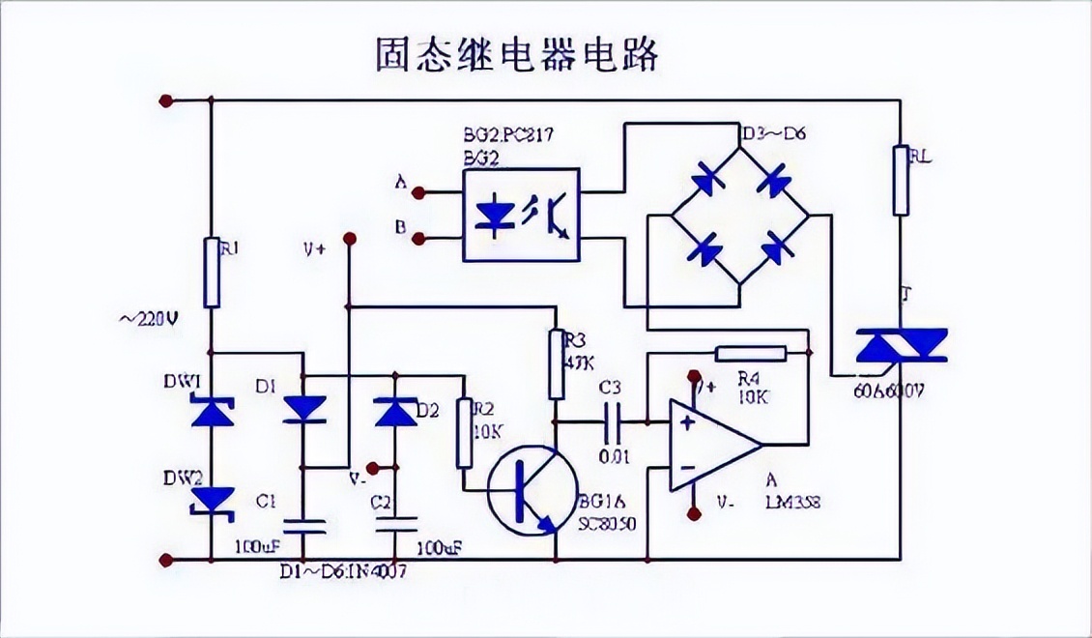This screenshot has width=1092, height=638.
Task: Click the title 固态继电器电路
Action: [x=517, y=55]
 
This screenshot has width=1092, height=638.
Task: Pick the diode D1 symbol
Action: [x=303, y=410]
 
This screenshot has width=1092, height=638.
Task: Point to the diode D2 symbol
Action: [x=394, y=412]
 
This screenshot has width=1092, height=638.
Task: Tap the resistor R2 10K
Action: [x=464, y=433]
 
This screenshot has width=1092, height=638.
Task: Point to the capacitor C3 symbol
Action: [x=612, y=421]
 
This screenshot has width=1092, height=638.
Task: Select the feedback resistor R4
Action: [x=750, y=354]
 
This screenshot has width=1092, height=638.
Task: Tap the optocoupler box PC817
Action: [x=521, y=214]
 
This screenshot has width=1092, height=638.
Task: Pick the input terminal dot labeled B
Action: [x=418, y=237]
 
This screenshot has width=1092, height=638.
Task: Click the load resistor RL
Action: [x=901, y=180]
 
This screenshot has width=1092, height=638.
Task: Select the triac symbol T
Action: [x=901, y=346]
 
